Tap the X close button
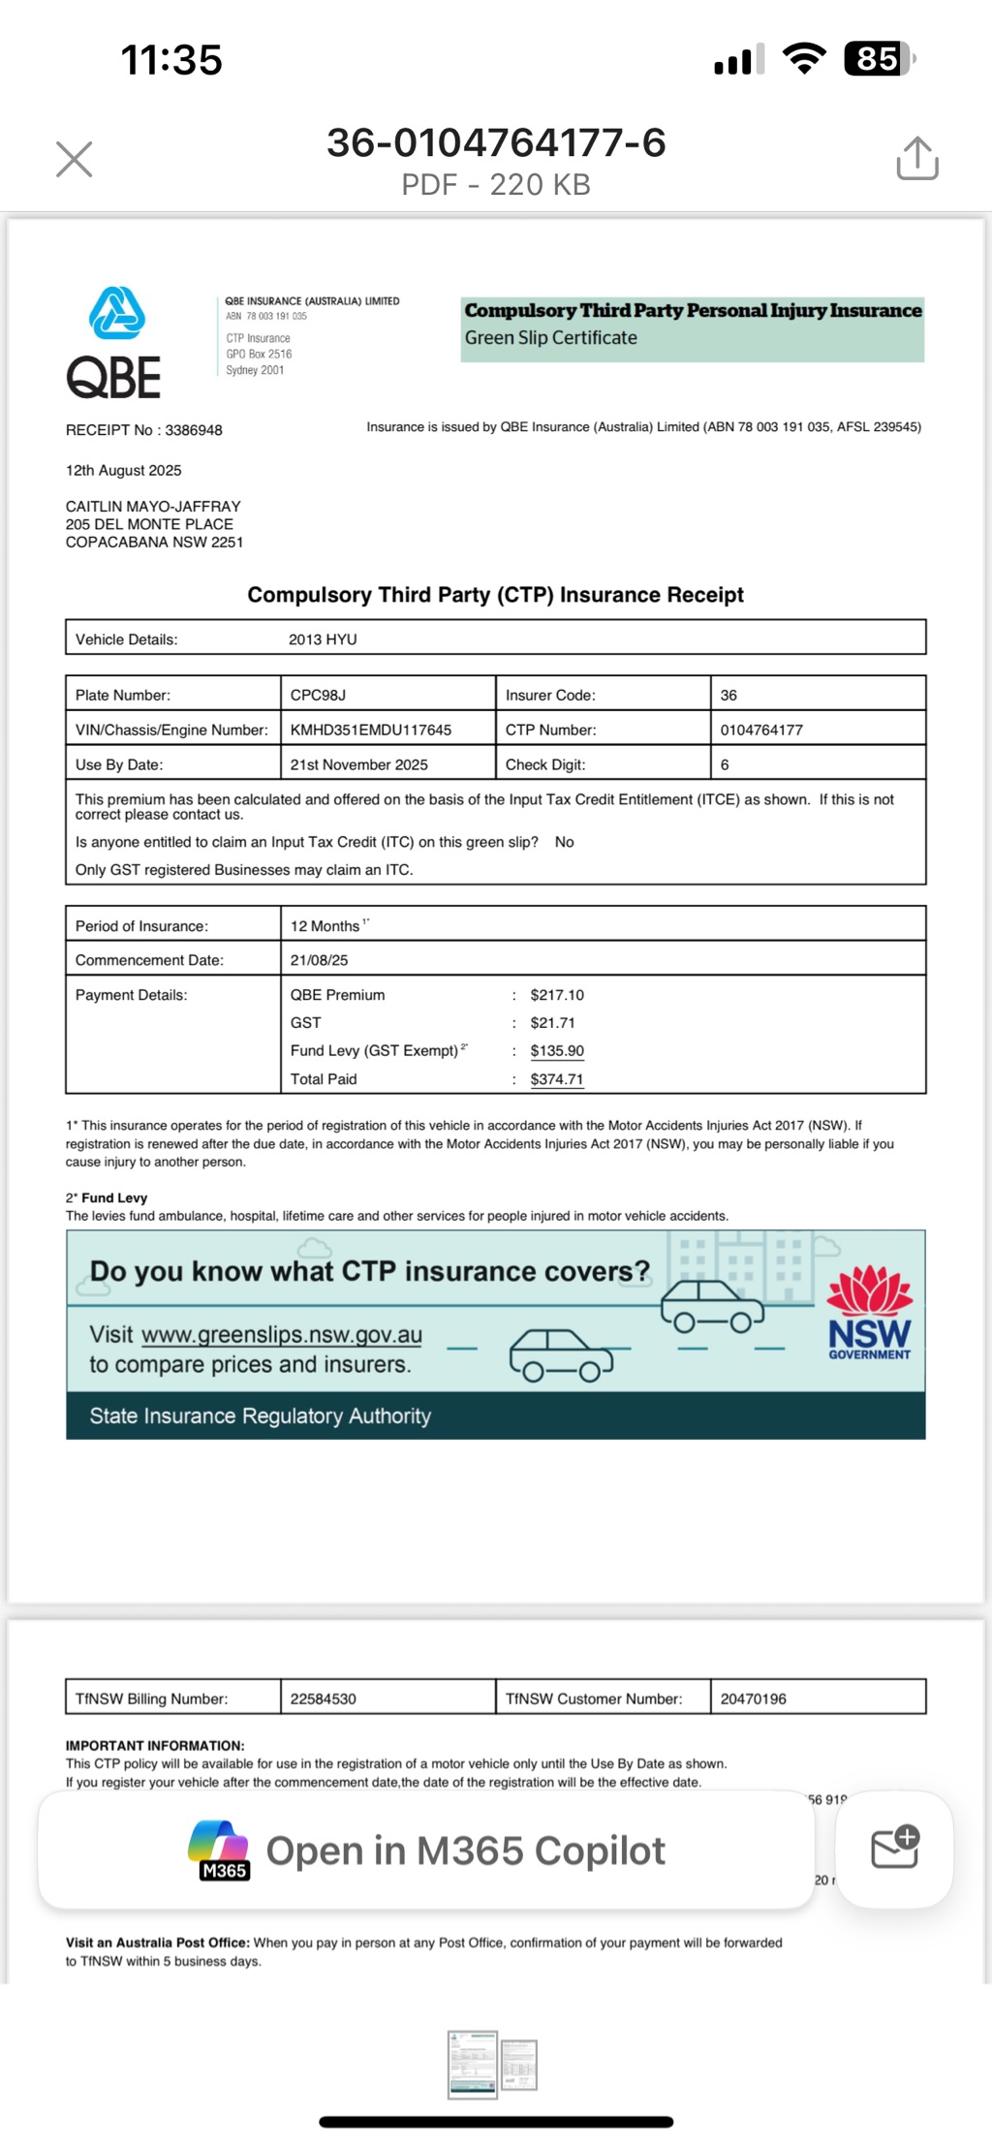tap(75, 160)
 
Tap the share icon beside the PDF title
tap(916, 158)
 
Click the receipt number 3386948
tap(194, 430)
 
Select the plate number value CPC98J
tap(318, 695)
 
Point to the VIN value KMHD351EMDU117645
tap(371, 730)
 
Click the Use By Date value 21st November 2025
tap(358, 764)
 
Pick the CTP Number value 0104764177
tap(761, 730)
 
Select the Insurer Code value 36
tap(728, 695)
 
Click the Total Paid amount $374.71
tap(557, 1079)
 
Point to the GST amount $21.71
tap(553, 1022)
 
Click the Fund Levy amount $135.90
tap(557, 1050)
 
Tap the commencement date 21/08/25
tap(319, 960)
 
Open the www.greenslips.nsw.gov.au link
tap(282, 1334)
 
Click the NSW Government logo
tap(869, 1314)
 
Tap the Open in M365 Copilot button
tap(426, 1851)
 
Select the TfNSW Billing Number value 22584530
tap(324, 1698)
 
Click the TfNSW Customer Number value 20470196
tap(754, 1698)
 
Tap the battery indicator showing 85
tap(879, 59)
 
